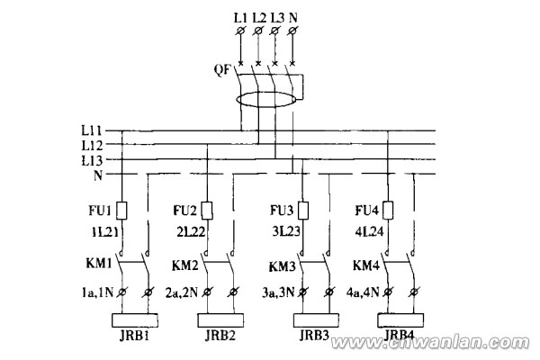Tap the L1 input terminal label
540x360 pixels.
(239, 17)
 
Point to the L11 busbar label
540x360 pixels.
(92, 130)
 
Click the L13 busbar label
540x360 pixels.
(92, 159)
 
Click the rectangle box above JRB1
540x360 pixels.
(135, 319)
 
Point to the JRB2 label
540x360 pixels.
(220, 337)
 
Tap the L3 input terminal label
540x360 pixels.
(276, 17)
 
